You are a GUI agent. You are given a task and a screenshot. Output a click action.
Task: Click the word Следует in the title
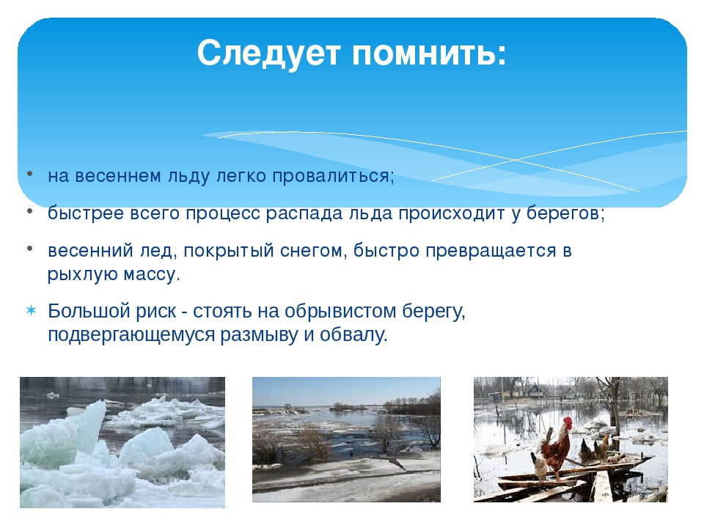pyautogui.click(x=268, y=53)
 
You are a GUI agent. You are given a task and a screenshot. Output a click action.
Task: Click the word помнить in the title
pyautogui.click(x=425, y=53)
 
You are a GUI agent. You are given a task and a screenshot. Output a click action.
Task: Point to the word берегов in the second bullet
pyautogui.click(x=562, y=213)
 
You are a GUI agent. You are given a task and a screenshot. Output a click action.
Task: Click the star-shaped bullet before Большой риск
pyautogui.click(x=31, y=311)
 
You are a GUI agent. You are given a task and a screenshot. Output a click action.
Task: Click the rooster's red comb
pyautogui.click(x=568, y=422)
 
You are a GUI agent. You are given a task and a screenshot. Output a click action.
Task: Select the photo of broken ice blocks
pyautogui.click(x=122, y=442)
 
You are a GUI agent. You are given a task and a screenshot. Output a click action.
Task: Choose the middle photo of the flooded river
pyautogui.click(x=346, y=439)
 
